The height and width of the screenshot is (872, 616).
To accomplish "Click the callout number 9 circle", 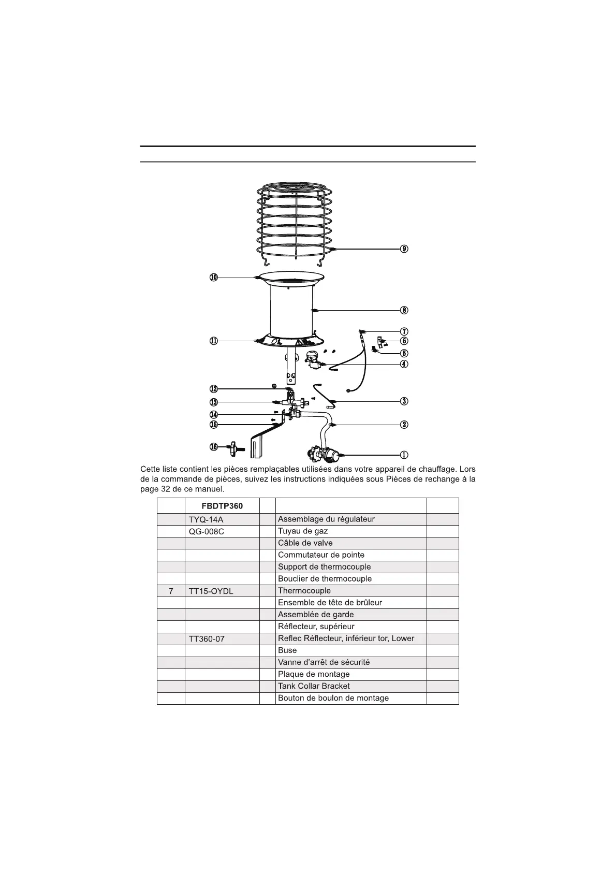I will (404, 249).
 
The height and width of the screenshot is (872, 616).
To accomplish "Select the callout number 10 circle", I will (214, 278).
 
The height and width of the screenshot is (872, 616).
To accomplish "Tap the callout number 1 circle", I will (404, 455).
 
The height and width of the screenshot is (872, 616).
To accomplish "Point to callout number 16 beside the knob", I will (214, 446).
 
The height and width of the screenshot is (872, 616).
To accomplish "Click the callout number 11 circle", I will (214, 341).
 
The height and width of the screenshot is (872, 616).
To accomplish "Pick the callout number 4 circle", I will (404, 364).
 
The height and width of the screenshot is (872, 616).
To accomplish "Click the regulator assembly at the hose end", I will (324, 455).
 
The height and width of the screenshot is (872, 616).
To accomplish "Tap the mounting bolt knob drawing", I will (236, 448).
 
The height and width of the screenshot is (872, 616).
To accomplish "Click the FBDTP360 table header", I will (222, 506).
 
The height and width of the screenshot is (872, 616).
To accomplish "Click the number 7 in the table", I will (171, 591).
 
